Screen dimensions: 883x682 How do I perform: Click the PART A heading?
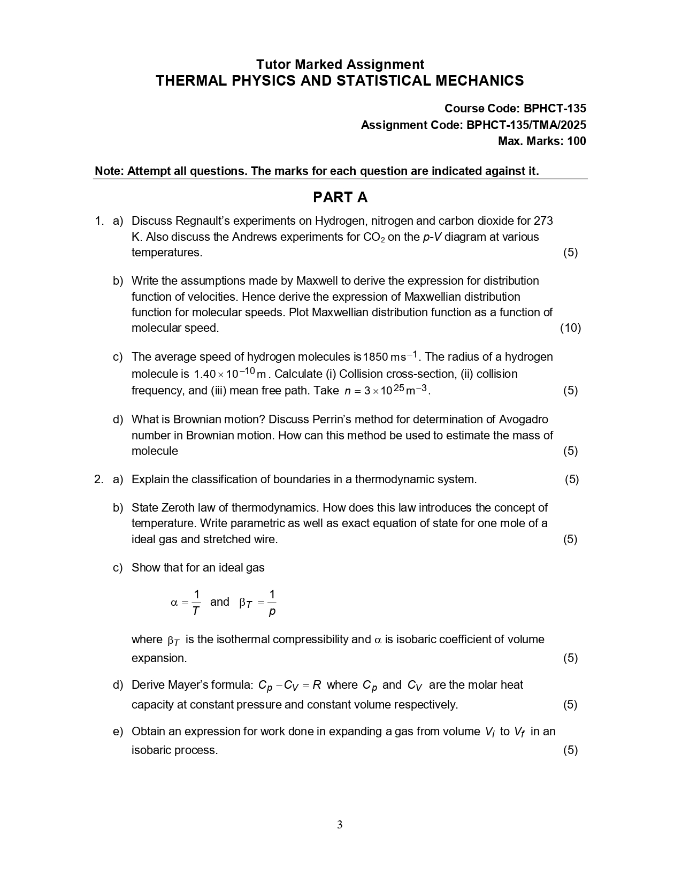tap(340, 197)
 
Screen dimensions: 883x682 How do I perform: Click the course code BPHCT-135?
tap(555, 109)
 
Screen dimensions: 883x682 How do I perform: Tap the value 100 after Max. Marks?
tap(576, 141)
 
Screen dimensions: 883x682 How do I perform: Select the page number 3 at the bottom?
tap(340, 825)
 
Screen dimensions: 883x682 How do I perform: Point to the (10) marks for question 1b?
tap(570, 328)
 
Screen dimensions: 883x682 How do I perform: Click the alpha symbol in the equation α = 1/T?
tap(174, 603)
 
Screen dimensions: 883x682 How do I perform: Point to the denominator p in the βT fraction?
tap(272, 611)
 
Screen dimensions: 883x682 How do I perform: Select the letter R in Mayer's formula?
tap(317, 685)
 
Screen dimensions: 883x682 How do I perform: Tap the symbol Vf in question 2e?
tap(519, 732)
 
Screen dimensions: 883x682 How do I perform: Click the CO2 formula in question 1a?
tap(373, 237)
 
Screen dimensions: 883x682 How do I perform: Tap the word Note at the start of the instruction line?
tap(109, 171)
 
